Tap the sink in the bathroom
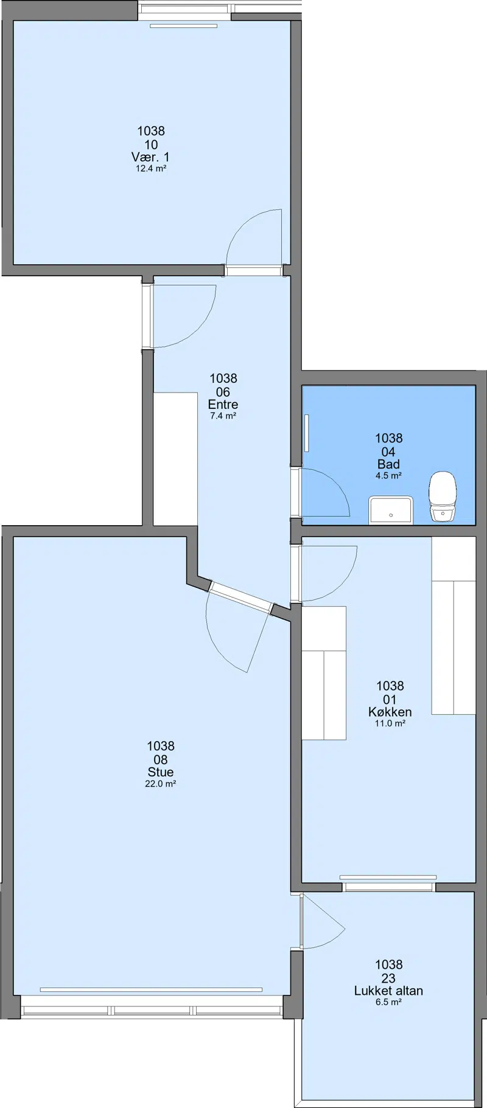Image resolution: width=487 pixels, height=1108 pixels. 391,510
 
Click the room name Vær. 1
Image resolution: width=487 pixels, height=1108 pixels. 151,158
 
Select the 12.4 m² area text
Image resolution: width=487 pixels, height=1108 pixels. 151,169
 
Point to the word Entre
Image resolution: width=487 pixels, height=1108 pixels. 223,405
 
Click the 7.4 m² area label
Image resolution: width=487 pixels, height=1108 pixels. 223,416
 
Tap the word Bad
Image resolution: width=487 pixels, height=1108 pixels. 388,464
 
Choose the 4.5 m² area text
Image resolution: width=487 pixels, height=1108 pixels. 388,476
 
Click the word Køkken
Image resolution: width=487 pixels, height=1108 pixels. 390,712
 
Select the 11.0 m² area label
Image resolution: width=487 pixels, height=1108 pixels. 390,723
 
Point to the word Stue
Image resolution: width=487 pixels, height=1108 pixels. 161,772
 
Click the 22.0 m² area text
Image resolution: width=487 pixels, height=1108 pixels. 161,784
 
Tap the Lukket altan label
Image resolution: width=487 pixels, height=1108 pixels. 388,991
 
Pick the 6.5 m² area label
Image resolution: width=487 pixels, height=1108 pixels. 388,1002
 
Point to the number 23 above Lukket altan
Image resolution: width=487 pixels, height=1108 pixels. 388,978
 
